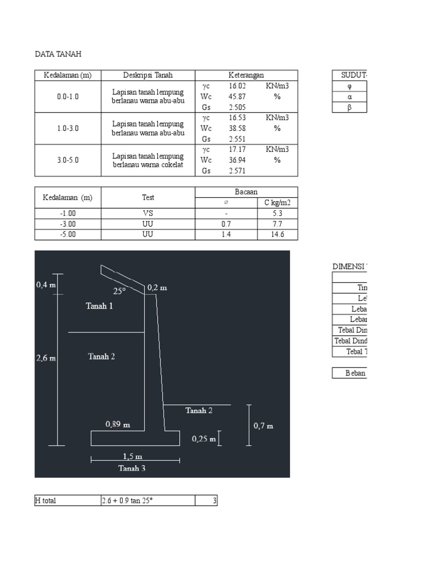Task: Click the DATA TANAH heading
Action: [x=58, y=54]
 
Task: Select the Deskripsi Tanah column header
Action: [x=148, y=75]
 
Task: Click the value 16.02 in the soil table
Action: [x=237, y=86]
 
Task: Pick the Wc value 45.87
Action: [x=237, y=96]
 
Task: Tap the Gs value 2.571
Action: [x=237, y=171]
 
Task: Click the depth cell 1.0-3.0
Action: [x=67, y=128]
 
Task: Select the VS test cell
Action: [x=148, y=213]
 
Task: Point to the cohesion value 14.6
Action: [x=277, y=234]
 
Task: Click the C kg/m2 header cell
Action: [x=277, y=203]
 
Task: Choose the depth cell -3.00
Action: [x=67, y=224]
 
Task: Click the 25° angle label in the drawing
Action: [x=120, y=291]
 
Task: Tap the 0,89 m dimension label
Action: [x=118, y=424]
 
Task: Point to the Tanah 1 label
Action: [x=99, y=306]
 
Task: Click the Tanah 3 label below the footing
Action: [x=132, y=468]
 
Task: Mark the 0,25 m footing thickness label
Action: [x=203, y=439]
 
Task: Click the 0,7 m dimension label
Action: [x=264, y=425]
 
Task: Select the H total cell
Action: [x=45, y=500]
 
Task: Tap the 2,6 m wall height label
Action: [x=45, y=358]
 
